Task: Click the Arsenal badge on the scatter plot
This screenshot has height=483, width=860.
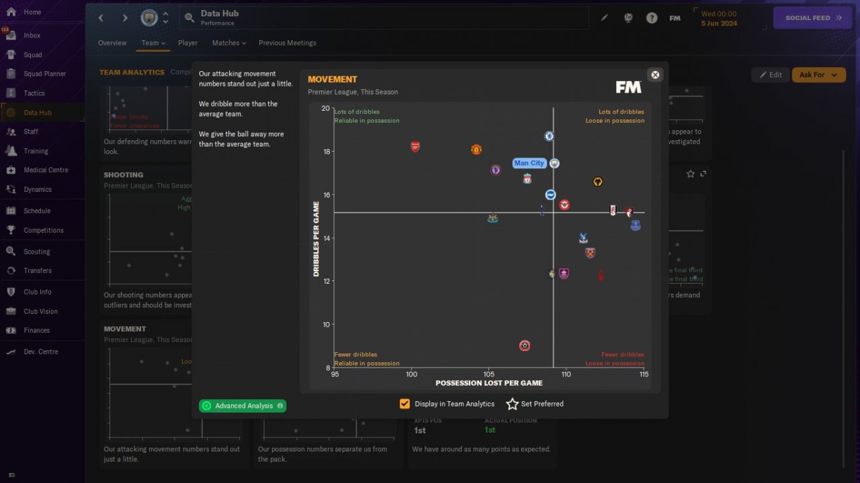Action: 415,147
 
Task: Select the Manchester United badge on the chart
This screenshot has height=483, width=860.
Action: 476,150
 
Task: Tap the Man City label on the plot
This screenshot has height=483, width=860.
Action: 529,163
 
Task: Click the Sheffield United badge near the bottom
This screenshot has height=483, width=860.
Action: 525,345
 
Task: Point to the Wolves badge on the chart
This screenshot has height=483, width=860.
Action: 598,182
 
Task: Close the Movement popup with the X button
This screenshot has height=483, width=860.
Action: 655,74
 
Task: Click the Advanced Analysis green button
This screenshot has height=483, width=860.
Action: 243,406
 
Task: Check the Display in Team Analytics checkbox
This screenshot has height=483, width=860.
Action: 404,404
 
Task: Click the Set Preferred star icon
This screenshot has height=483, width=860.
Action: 513,404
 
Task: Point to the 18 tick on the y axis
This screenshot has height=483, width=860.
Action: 326,152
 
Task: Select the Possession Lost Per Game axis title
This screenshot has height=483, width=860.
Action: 488,383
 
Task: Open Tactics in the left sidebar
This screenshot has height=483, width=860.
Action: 34,93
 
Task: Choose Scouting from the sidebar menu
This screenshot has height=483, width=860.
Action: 36,252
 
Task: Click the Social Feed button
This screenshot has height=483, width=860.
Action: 813,18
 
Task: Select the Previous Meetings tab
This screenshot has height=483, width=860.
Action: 287,43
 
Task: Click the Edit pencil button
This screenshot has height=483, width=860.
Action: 770,75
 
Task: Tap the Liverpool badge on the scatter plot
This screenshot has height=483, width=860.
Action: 527,179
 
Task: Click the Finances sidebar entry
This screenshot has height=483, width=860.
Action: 36,330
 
